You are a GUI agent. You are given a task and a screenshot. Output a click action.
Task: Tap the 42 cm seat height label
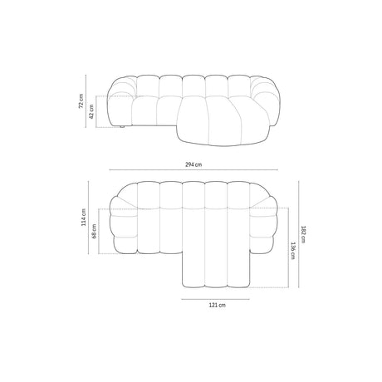[x=91, y=113]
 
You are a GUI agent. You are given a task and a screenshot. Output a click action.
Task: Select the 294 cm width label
[x=192, y=164]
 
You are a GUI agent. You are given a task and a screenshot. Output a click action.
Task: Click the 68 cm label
[x=98, y=228]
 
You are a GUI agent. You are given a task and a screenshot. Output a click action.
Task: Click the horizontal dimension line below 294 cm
[x=192, y=172]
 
